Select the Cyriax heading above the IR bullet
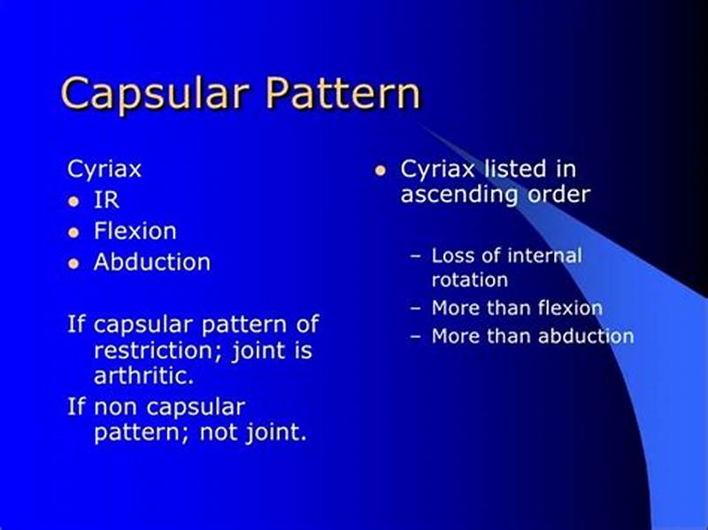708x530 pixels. coord(104,168)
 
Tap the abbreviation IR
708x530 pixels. coord(106,200)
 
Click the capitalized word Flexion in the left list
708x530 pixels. coord(135,231)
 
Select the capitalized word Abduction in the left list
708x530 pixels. coord(152,262)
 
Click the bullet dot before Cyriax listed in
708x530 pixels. coord(381,169)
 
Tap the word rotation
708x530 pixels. coord(469,280)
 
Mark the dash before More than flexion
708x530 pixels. coord(416,309)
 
